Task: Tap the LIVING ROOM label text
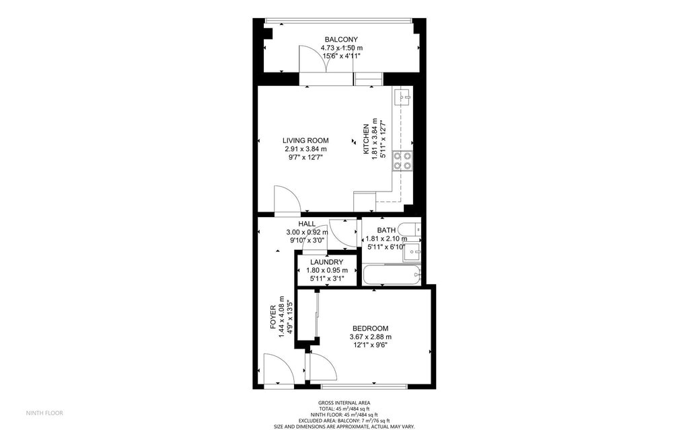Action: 305,141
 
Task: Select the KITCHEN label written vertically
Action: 365,139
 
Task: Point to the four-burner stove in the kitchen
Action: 402,161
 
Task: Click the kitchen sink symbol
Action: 402,97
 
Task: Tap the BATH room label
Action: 386,230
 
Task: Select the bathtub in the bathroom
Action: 392,275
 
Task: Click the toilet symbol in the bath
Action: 412,230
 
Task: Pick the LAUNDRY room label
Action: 326,263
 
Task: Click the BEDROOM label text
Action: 371,329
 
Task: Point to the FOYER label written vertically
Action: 273,317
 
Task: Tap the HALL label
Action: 307,224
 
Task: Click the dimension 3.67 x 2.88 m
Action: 371,337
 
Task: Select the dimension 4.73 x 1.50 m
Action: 341,48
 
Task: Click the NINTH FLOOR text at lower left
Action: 44,413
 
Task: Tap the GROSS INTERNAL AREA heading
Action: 344,403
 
